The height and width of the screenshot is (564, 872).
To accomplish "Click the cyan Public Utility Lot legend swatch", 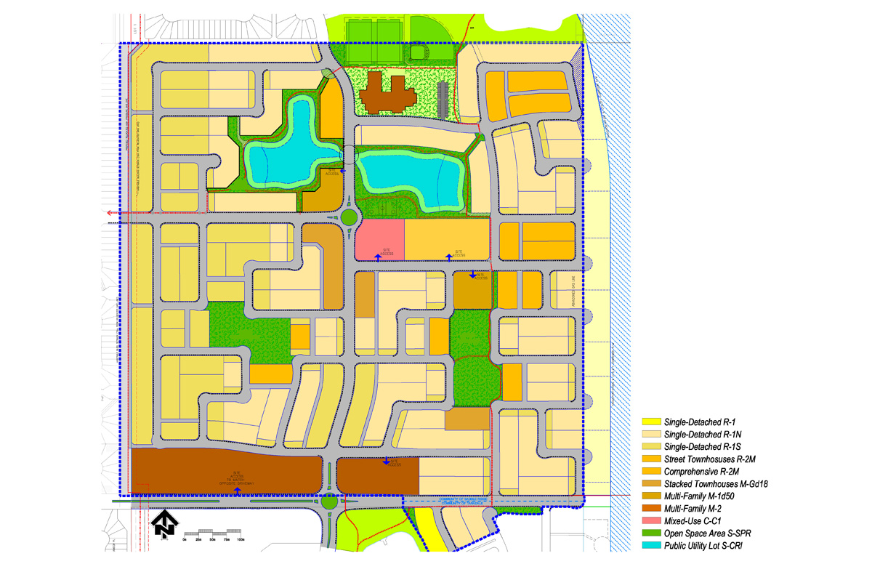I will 651,545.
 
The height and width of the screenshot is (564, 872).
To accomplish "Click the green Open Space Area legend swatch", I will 651,533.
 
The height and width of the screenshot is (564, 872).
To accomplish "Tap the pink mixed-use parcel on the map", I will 379,240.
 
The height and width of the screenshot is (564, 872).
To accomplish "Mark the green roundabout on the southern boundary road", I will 329,501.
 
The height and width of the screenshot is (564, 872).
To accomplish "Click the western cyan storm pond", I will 280,149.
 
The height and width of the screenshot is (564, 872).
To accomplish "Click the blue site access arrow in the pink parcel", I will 377,256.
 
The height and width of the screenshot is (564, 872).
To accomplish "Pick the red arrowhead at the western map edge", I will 110,213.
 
